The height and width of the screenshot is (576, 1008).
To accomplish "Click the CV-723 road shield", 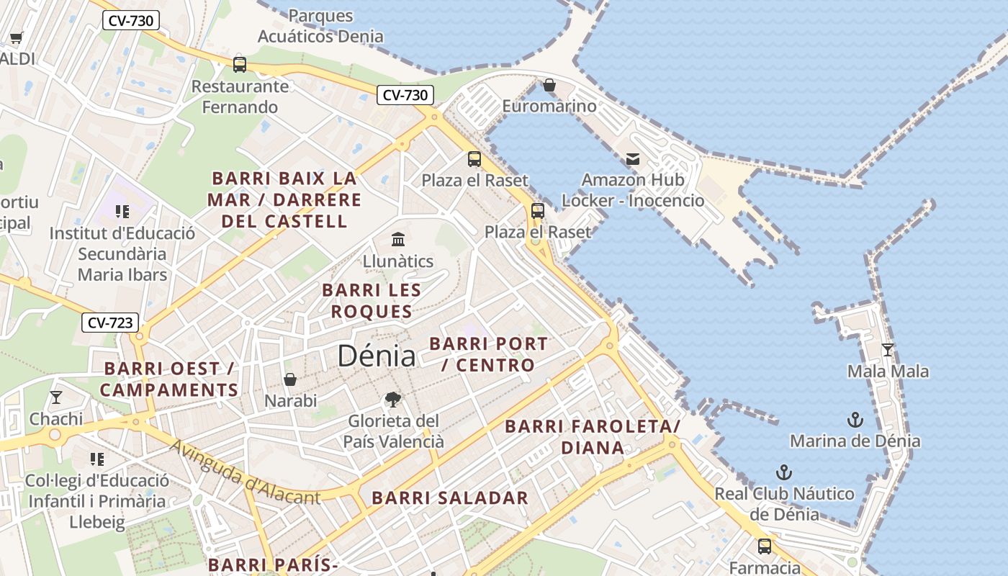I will point(110,323).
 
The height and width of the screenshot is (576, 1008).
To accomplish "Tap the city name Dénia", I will point(377,356).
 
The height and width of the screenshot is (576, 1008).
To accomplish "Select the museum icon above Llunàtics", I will point(397,239).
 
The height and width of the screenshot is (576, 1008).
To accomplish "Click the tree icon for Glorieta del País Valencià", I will point(392,399).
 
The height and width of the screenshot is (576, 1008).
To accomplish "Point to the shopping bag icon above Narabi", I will point(290,379).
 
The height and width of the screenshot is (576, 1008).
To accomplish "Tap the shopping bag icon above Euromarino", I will point(549,85).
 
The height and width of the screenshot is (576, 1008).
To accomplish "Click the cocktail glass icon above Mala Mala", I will point(887,350).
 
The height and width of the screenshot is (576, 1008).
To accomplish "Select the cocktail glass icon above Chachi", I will point(56,397).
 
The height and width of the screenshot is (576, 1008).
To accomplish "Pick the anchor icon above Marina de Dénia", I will point(855,419).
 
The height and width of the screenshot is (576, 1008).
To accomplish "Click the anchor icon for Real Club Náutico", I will point(784,472).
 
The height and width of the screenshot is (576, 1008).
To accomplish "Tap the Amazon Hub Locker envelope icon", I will point(632,158).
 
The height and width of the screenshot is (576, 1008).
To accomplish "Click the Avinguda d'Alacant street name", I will point(245,472).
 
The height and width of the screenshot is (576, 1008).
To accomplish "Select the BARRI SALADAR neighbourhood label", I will point(450,498).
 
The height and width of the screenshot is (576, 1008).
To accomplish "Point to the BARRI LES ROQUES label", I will point(372,301).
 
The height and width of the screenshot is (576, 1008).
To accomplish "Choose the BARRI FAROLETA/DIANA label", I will point(593,437).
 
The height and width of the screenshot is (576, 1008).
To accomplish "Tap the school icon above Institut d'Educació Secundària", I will point(122,212).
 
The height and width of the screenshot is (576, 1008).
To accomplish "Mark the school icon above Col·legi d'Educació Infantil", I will point(97,459).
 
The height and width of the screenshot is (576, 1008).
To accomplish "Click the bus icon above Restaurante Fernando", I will point(240,65).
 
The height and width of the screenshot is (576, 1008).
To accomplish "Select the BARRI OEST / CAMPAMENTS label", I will point(169,379).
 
